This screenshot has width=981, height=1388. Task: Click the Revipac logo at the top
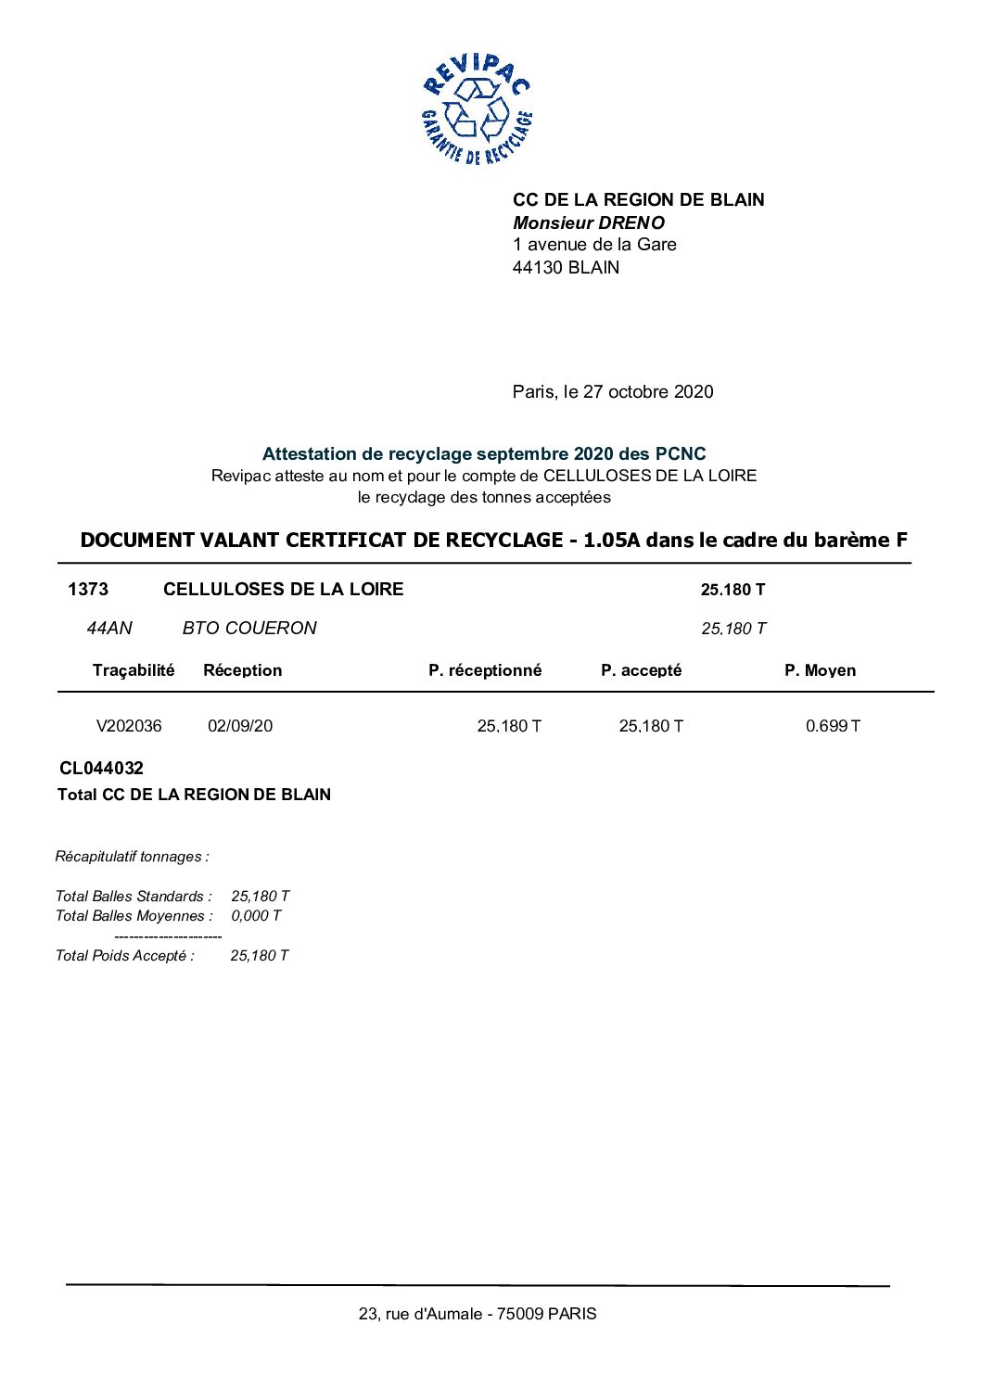pyautogui.click(x=477, y=109)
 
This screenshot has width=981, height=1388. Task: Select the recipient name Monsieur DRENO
pyautogui.click(x=589, y=223)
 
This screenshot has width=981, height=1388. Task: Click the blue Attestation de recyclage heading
pyautogui.click(x=484, y=454)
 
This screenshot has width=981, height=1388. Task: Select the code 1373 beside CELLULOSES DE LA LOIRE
pyautogui.click(x=88, y=590)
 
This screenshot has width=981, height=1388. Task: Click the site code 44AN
pyautogui.click(x=109, y=629)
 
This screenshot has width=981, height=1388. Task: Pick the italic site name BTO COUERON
pyautogui.click(x=249, y=629)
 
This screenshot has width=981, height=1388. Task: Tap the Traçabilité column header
pyautogui.click(x=134, y=670)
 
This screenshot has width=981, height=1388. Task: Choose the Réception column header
pyautogui.click(x=242, y=670)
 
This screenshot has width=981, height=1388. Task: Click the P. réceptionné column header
pyautogui.click(x=485, y=670)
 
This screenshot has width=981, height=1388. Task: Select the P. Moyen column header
pyautogui.click(x=820, y=670)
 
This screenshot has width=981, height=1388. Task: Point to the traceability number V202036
pyautogui.click(x=129, y=726)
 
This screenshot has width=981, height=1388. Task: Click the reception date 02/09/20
pyautogui.click(x=240, y=726)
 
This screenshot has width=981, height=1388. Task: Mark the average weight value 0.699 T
pyautogui.click(x=833, y=726)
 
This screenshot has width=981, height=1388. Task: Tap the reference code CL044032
pyautogui.click(x=102, y=769)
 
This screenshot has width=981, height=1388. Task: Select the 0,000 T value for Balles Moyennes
pyautogui.click(x=256, y=916)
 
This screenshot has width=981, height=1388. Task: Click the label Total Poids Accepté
pyautogui.click(x=125, y=956)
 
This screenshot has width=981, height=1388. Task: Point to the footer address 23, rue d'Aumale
pyautogui.click(x=478, y=1314)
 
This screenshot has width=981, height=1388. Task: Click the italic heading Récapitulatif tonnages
pyautogui.click(x=133, y=857)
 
